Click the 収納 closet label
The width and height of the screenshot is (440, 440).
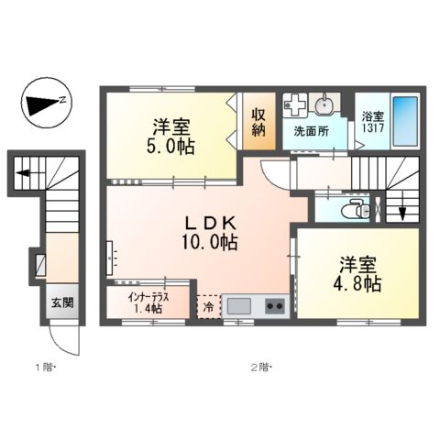(259, 122)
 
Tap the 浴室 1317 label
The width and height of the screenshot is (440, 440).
(372, 122)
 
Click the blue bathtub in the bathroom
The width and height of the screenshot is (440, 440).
(406, 121)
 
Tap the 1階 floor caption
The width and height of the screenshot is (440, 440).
(43, 368)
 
